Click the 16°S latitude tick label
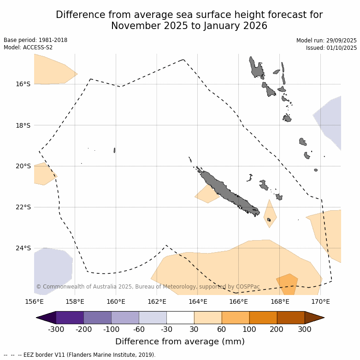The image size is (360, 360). pos(23,84)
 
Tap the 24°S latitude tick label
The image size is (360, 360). pos(23,248)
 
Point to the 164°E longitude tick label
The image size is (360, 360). pos(198,302)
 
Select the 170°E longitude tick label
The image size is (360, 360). pos(320,302)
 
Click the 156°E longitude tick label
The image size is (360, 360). pos(34,302)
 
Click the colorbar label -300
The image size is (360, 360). pos(56,329)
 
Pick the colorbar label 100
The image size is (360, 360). pos(249,329)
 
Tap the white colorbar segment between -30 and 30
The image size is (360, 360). pos(180,318)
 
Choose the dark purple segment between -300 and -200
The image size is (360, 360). pos(70,318)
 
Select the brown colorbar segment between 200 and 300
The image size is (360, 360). pos(291,318)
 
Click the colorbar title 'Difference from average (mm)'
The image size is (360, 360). pos(180,342)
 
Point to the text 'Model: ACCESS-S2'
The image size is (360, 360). pos(28,47)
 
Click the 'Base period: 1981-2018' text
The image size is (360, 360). pos(35,40)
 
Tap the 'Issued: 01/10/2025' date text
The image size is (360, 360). pos(331,48)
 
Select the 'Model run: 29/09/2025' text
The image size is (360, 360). pos(326,41)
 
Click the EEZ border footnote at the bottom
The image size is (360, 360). pos(80,355)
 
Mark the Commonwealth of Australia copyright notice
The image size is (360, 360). pos(148,287)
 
